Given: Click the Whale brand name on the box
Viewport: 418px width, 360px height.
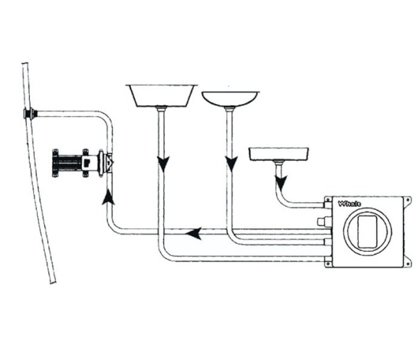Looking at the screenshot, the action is click(350, 204).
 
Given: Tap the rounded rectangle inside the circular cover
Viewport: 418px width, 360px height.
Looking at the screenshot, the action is click(367, 232).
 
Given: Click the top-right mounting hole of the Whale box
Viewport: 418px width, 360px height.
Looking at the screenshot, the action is click(407, 201).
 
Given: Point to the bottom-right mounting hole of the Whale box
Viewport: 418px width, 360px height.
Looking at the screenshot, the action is click(408, 264).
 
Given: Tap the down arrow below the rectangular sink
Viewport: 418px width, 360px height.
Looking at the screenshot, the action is click(164, 164).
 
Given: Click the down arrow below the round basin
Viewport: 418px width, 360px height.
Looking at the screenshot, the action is click(232, 164).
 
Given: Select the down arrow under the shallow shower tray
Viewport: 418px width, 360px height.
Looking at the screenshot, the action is click(281, 183).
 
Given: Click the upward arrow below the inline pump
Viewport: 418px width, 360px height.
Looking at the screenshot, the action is click(108, 197).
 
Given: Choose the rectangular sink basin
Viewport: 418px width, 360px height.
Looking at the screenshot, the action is click(161, 95).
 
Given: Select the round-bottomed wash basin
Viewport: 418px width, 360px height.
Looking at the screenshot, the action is click(230, 99).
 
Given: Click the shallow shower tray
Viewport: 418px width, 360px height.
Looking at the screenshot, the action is click(279, 154).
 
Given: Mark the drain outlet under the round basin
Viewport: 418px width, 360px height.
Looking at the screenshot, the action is click(230, 109).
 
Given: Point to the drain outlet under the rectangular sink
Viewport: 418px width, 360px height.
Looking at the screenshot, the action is click(161, 109).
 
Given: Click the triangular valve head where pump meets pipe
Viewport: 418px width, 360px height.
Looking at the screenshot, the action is click(109, 162).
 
